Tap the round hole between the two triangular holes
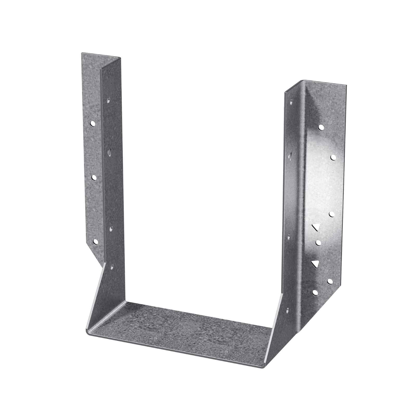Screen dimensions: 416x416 tap(318, 242)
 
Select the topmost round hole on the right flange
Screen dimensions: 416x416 tap(321, 127)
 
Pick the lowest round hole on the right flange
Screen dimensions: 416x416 tap(315, 292)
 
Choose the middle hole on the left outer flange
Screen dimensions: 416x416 tap(94, 178)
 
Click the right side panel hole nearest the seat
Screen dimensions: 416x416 tap(288, 310)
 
